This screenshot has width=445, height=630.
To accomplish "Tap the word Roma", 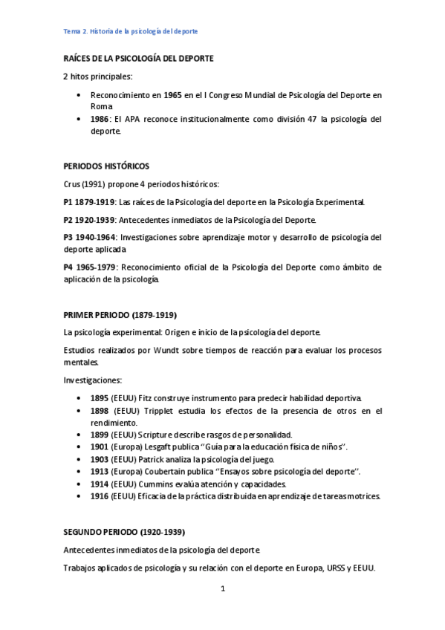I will point(101,106).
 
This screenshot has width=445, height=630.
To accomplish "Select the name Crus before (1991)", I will point(72,184).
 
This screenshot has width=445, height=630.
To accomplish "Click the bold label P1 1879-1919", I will point(89,202).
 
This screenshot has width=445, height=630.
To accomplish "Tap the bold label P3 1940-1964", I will point(89,238).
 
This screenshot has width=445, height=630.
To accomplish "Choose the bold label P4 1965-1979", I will point(89,267).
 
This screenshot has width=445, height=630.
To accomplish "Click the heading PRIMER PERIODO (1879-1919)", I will point(120,314).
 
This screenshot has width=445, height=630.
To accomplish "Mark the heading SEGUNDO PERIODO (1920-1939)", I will point(124,532).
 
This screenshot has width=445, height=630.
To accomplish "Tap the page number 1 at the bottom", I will point(223,589).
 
